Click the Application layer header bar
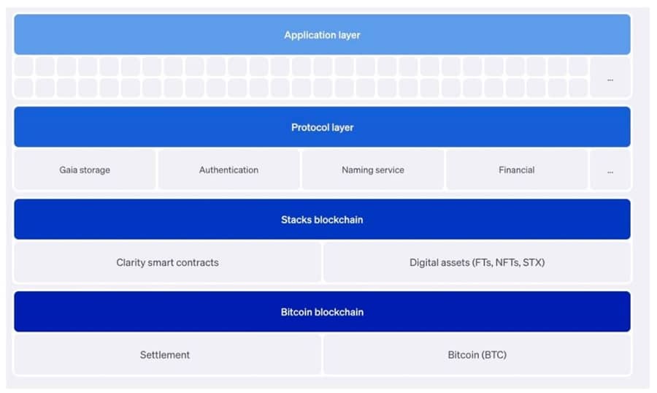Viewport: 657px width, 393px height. point(322,34)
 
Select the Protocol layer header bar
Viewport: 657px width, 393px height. point(322,127)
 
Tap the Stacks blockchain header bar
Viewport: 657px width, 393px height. point(322,219)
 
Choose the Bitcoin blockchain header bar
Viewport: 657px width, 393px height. point(322,312)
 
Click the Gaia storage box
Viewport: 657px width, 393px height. point(85,170)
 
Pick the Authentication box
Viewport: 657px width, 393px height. point(228,170)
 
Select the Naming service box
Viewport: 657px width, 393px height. point(372,170)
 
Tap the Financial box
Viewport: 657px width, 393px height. point(516,170)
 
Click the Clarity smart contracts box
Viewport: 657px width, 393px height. point(167,262)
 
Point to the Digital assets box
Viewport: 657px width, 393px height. point(477,262)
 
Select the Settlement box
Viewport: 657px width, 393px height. point(165,355)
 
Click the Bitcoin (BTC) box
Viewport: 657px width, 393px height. point(477,355)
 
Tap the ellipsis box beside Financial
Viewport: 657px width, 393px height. point(610,170)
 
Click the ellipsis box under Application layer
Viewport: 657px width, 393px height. point(610,77)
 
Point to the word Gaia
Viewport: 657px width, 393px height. point(69,170)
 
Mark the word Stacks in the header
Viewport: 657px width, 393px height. point(296,219)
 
